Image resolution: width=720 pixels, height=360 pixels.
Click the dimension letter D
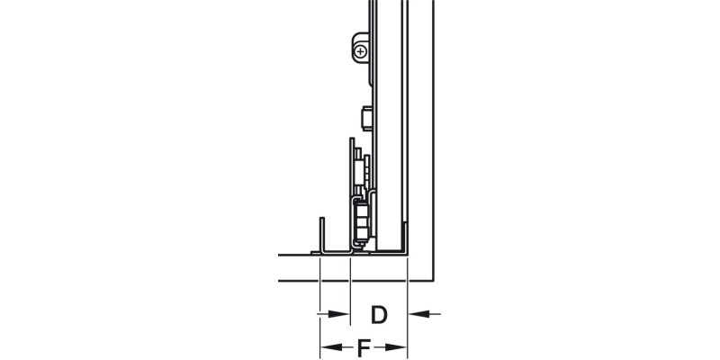[379, 315]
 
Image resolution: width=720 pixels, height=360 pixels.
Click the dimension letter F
[364, 346]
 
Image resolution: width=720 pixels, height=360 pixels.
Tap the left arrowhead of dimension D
[343, 314]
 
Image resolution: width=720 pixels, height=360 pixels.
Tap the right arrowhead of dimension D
[416, 314]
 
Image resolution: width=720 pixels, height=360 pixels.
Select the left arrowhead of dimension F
[327, 346]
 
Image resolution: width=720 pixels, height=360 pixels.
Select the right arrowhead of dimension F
[401, 346]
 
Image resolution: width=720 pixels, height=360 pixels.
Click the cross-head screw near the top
[360, 52]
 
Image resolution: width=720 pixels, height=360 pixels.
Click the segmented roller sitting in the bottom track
[362, 220]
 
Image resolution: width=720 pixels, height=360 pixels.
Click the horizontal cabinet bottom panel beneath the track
[360, 268]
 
